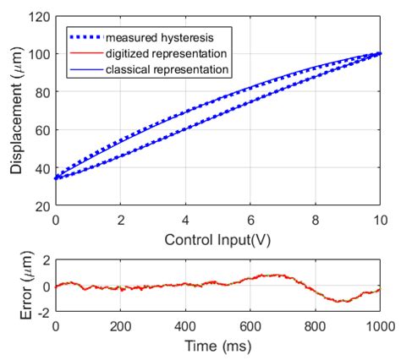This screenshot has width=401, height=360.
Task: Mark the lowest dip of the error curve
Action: point(340,301)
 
